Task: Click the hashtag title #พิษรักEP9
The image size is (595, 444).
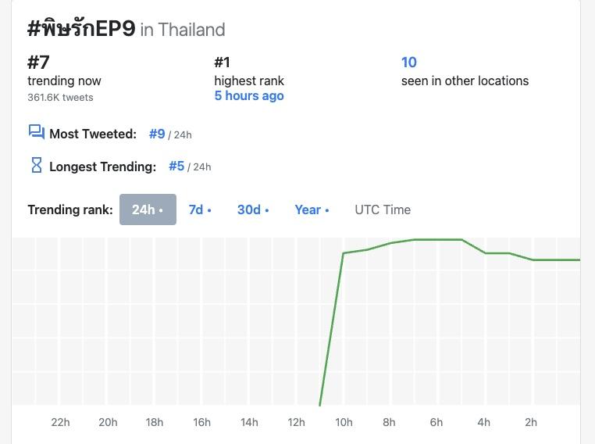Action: click(x=81, y=29)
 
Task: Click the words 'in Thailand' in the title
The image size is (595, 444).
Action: click(x=183, y=30)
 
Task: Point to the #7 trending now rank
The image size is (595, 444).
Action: click(x=38, y=63)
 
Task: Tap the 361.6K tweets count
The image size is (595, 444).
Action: click(x=60, y=98)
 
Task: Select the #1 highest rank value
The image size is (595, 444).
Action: click(x=223, y=63)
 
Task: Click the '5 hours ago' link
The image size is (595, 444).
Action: click(x=249, y=96)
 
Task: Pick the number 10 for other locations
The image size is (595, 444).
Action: click(x=409, y=63)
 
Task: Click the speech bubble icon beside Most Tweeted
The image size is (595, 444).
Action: click(x=36, y=132)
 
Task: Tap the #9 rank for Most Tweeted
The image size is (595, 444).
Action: click(x=157, y=134)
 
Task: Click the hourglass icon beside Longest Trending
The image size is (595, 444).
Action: click(x=36, y=165)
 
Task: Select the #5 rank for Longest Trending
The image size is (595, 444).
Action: click(x=176, y=166)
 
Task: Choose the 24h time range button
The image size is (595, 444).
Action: click(x=148, y=209)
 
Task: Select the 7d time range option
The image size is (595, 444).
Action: click(x=200, y=209)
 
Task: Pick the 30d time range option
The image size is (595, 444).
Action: click(x=253, y=209)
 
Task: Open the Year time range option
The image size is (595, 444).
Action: click(x=312, y=209)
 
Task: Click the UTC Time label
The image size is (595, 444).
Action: click(x=383, y=209)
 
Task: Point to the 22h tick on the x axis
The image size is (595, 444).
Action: click(x=60, y=423)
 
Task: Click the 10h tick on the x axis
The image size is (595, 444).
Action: click(x=344, y=423)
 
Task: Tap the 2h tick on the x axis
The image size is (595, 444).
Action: click(x=531, y=423)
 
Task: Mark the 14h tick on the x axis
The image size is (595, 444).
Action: click(x=249, y=423)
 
